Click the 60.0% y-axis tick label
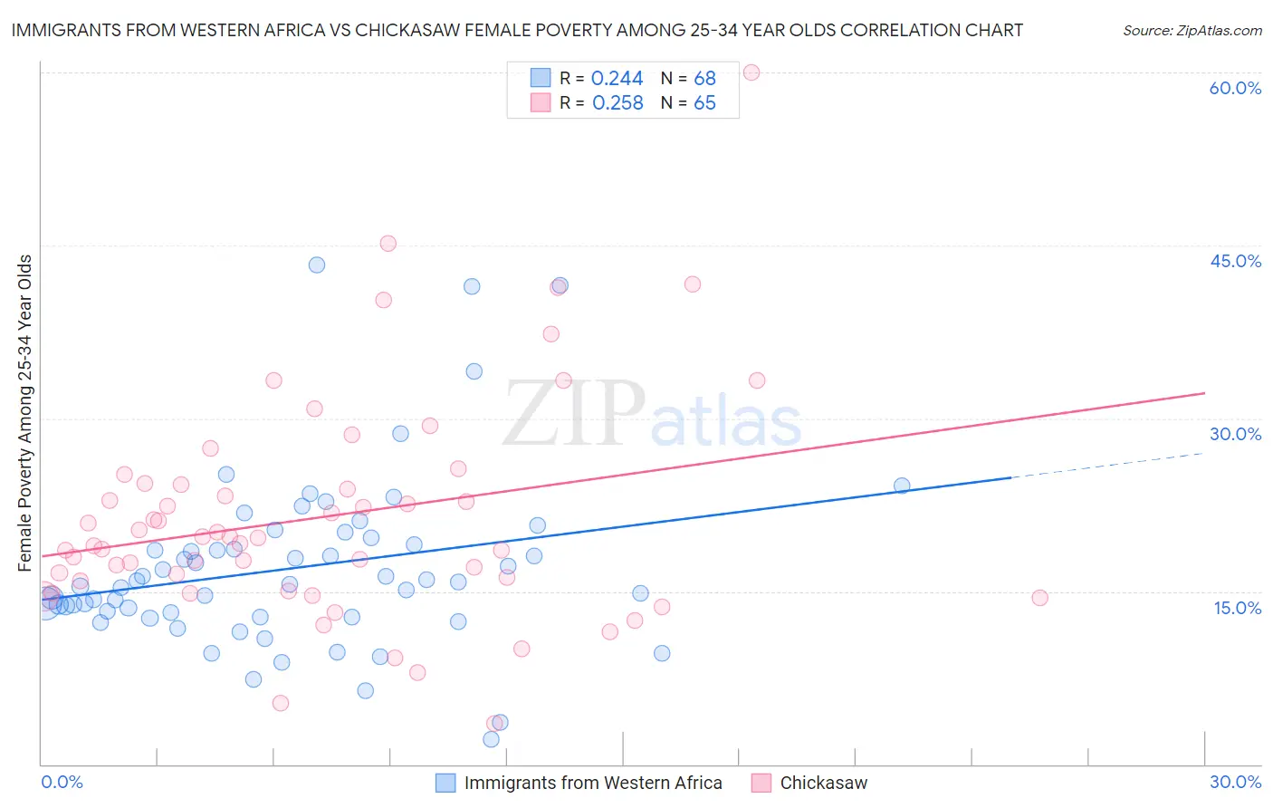click(x=1235, y=88)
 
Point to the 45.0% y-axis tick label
click(x=1235, y=261)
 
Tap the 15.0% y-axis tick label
click(x=1237, y=608)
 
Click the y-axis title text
click(x=25, y=413)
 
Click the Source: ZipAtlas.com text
click(x=1192, y=30)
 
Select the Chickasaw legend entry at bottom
click(x=823, y=784)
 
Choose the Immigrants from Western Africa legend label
click(x=592, y=784)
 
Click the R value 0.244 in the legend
click(x=617, y=79)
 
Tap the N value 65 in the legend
click(x=704, y=103)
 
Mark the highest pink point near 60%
click(x=751, y=72)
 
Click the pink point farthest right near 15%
click(x=1039, y=598)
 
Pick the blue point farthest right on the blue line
click(x=902, y=486)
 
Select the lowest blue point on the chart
click(x=491, y=739)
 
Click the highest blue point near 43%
click(x=317, y=265)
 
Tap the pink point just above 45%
click(x=388, y=243)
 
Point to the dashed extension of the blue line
click(x=1105, y=465)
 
